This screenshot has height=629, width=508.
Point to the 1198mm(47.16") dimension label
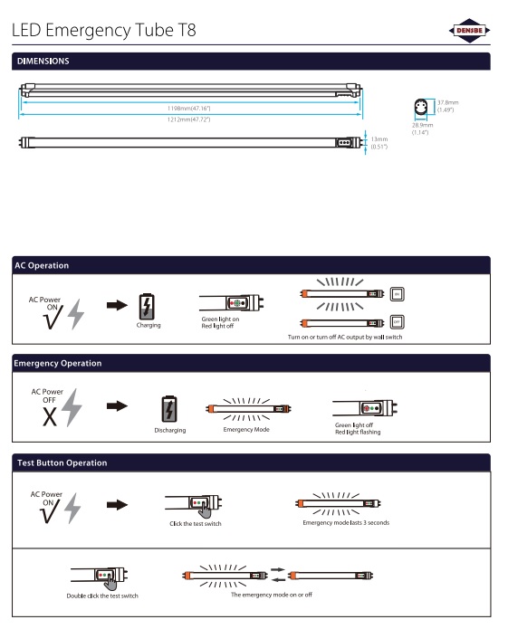tap(188, 108)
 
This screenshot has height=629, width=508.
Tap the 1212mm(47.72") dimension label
tap(188, 119)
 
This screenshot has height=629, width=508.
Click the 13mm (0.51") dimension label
tap(379, 142)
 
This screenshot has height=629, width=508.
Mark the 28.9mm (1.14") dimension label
tap(421, 129)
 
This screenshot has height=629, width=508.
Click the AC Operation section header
tap(42, 265)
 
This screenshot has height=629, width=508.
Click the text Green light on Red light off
tap(220, 323)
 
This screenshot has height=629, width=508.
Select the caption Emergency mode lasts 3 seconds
tap(346, 522)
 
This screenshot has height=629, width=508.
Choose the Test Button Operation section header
tap(62, 462)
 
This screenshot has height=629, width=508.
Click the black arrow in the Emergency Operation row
tap(117, 405)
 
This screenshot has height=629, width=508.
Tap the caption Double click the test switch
tap(101, 596)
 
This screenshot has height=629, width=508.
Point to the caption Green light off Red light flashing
tap(358, 428)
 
